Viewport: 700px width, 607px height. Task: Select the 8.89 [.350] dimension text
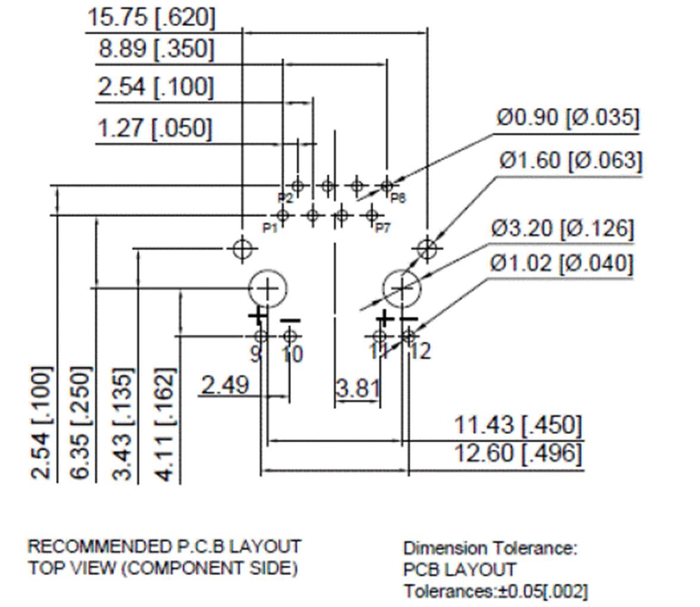click(x=155, y=49)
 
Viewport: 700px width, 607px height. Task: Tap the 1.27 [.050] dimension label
click(x=154, y=128)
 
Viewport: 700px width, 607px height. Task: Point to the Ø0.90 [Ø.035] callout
click(x=567, y=118)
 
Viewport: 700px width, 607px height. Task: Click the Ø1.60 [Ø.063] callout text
click(x=570, y=161)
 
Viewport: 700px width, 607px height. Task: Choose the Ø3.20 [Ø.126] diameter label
click(x=562, y=228)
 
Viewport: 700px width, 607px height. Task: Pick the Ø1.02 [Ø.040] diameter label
click(x=561, y=263)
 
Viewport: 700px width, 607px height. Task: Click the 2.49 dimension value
click(x=225, y=385)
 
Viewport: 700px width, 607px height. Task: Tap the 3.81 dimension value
click(x=357, y=388)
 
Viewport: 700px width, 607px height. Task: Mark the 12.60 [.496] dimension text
click(x=517, y=454)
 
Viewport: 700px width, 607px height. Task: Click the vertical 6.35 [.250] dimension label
click(x=81, y=423)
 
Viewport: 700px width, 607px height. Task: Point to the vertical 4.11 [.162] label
click(x=165, y=424)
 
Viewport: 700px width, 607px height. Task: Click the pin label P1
click(x=270, y=228)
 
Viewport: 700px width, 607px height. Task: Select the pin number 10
click(x=291, y=354)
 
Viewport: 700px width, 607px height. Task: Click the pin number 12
click(x=420, y=351)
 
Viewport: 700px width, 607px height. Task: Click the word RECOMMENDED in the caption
click(x=98, y=546)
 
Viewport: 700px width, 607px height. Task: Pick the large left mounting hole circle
click(x=267, y=289)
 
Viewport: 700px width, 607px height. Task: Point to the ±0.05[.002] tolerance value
click(x=541, y=592)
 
